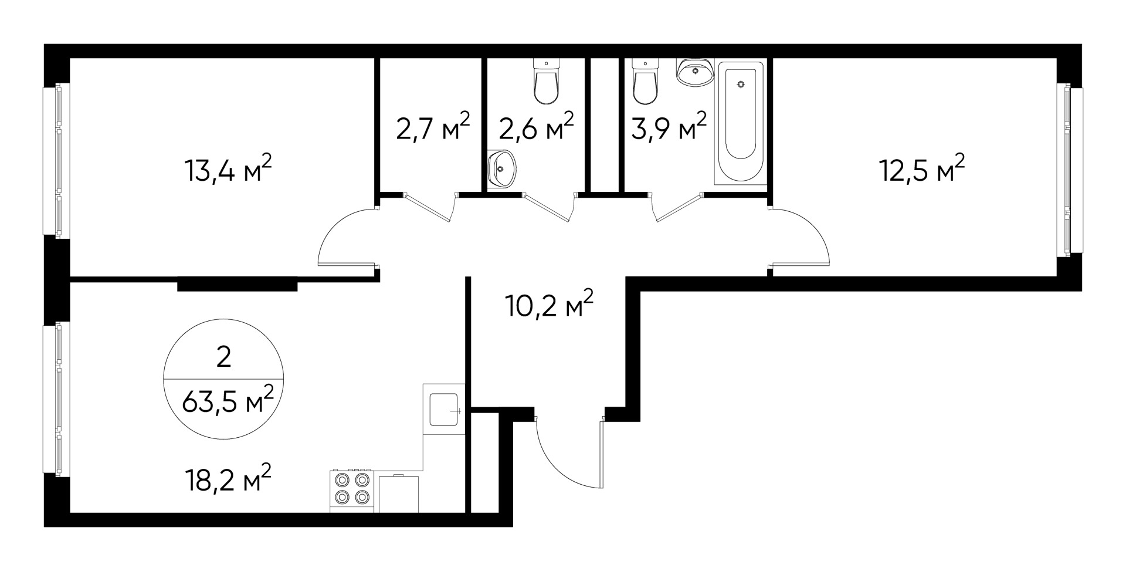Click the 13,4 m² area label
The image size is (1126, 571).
[229, 170]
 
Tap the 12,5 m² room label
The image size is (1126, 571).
[921, 170]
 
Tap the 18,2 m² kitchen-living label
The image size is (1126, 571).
[228, 481]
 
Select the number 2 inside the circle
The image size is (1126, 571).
[223, 357]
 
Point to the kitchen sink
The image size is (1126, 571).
[444, 410]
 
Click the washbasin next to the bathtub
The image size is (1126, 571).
[696, 72]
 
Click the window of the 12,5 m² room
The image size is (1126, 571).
[1069, 170]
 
